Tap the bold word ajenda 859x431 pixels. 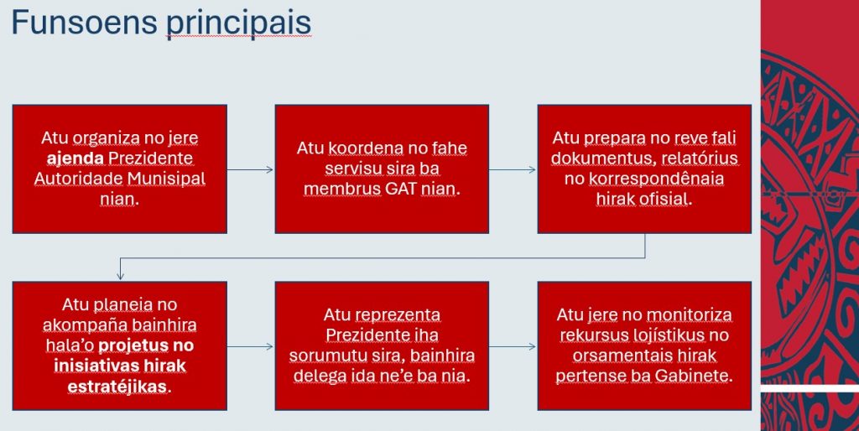75,158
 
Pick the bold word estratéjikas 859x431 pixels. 117,386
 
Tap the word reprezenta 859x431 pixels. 398,315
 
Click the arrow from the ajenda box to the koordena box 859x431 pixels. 250,169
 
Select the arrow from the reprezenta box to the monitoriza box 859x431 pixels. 513,346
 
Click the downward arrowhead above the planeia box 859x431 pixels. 121,276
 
